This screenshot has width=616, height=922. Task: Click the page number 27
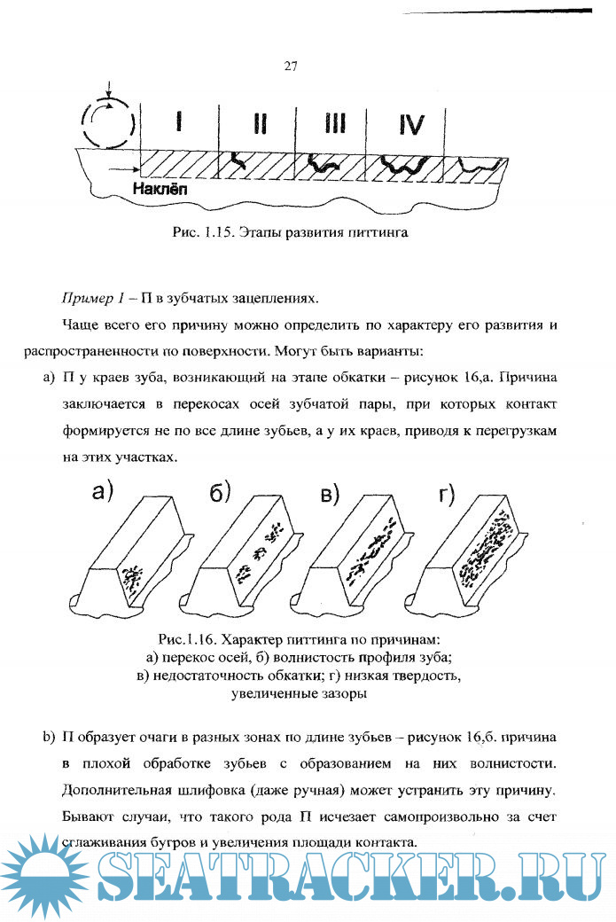click(x=290, y=66)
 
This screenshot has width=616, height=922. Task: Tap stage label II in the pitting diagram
click(x=259, y=123)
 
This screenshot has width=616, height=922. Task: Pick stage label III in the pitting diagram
click(x=334, y=123)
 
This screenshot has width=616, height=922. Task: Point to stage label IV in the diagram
click(x=411, y=123)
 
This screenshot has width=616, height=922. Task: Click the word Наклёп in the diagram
click(x=160, y=190)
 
